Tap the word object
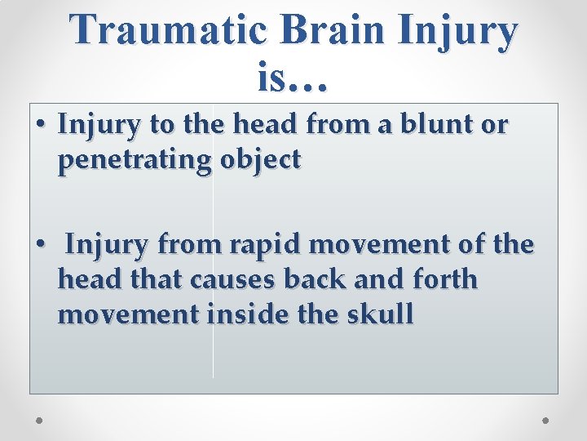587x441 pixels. pos(261,160)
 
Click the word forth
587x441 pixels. pos(445,278)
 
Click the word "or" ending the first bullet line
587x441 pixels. pos(495,124)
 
